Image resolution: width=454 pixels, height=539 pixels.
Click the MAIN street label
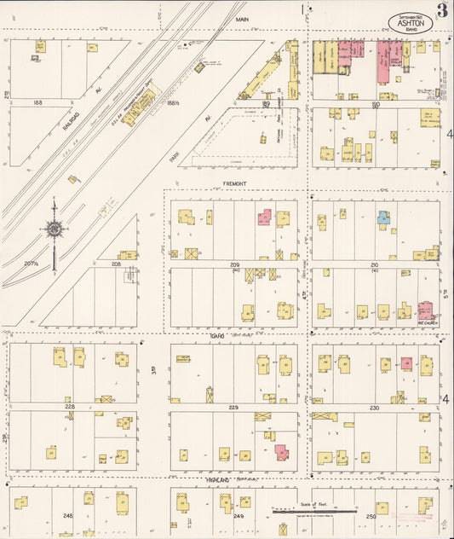pos(241,18)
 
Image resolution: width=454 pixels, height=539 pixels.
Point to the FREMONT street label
pos(235,183)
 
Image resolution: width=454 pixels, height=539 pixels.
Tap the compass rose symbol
pos(54,229)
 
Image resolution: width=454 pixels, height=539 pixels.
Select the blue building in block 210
pos(384,217)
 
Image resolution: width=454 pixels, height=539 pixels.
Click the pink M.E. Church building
pos(424,309)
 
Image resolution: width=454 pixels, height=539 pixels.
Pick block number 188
pos(37,102)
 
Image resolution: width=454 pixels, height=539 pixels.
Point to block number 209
pos(234,265)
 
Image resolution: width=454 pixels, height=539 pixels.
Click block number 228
pos(70,407)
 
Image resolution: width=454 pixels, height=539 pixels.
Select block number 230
pos(374,408)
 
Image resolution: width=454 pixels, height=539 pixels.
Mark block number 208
pos(116,265)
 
